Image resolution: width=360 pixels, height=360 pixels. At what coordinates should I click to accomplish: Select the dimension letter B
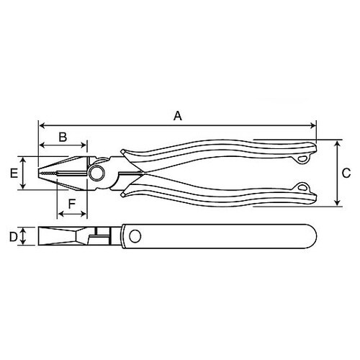(x=63, y=135)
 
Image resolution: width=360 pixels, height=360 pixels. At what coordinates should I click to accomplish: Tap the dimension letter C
(x=346, y=173)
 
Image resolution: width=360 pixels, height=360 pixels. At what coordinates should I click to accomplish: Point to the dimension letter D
(x=13, y=236)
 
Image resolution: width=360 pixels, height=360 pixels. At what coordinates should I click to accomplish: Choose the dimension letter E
(x=13, y=174)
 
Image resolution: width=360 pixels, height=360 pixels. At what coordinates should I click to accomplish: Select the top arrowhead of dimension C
(x=338, y=143)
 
